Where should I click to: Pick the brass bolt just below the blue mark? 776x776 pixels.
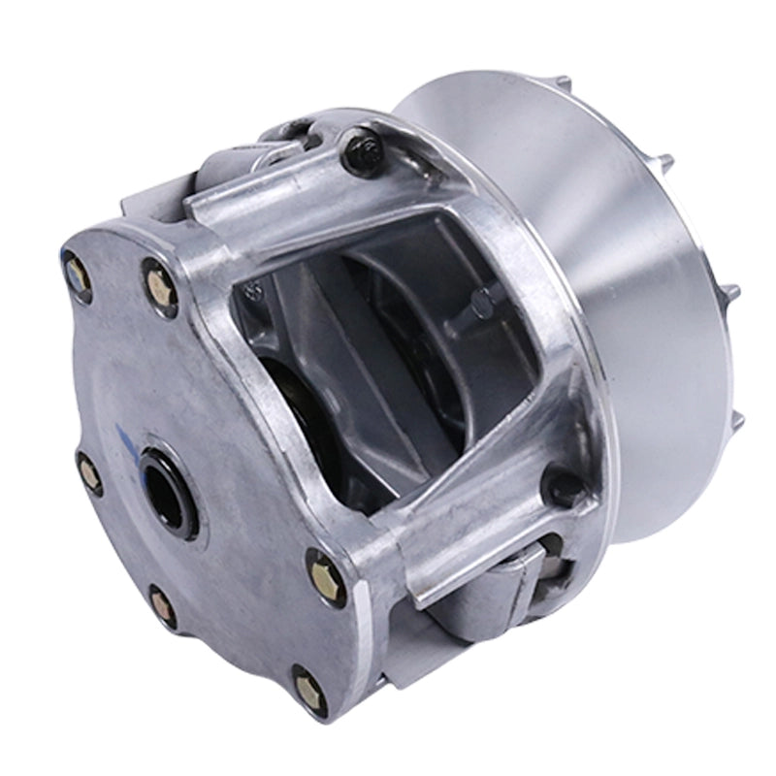(90, 474)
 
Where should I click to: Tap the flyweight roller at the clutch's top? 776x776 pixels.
(281, 145)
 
